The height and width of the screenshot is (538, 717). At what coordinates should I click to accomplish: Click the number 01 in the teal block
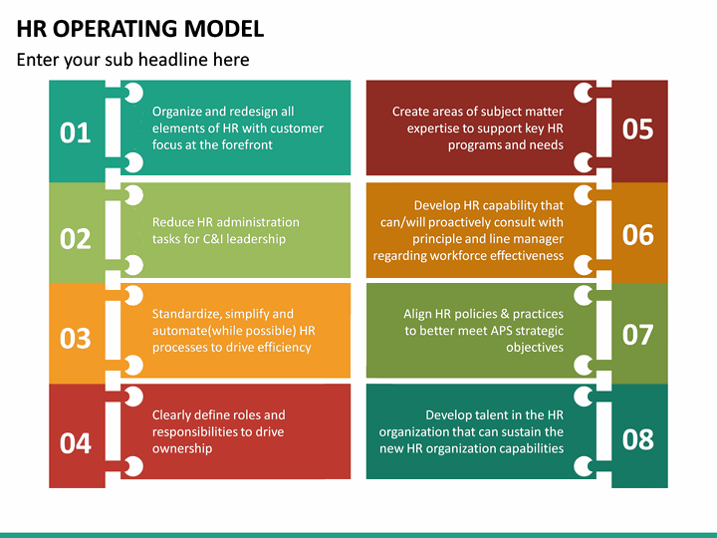(76, 132)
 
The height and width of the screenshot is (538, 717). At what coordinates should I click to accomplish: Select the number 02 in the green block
(76, 238)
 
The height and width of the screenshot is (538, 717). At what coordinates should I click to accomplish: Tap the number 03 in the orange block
(76, 338)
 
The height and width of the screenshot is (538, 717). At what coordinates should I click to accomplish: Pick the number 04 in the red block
(76, 442)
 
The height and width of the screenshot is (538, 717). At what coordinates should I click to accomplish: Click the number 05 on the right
(637, 129)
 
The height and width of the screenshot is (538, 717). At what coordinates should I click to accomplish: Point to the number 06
(637, 234)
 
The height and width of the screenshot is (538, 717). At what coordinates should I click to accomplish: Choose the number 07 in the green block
(637, 334)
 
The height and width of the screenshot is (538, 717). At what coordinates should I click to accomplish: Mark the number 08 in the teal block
(637, 438)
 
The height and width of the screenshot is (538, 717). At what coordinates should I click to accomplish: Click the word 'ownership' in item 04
(183, 448)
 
